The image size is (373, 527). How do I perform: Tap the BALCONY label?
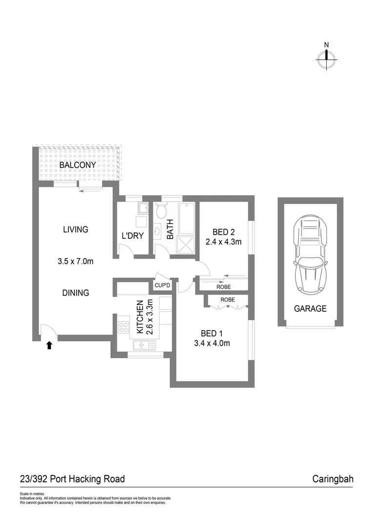point(78,165)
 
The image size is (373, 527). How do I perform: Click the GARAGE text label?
point(310,308)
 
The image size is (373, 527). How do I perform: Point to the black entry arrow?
point(49,345)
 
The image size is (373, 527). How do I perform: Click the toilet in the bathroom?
point(162,211)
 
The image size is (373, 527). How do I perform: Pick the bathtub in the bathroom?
point(187,218)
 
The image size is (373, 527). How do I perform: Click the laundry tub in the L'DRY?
point(143,209)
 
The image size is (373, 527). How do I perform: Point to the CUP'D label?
point(162,285)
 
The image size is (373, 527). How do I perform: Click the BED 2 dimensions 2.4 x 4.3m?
point(224,242)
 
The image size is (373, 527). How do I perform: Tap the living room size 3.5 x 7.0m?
point(75,262)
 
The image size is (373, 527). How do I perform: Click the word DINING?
point(75,293)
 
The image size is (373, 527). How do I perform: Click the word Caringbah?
point(332,479)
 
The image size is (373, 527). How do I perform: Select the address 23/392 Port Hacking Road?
point(72,479)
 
